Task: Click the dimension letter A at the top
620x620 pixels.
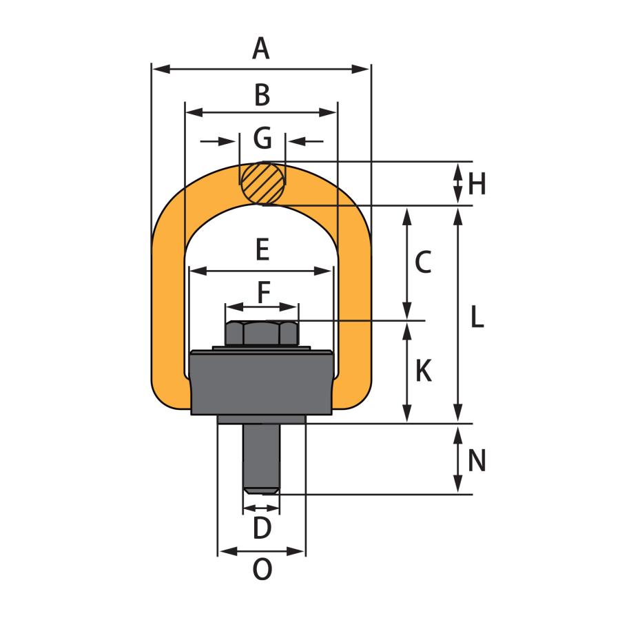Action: tap(261, 49)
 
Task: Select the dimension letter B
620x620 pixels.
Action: tap(262, 95)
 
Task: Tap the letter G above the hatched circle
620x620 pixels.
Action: tap(262, 138)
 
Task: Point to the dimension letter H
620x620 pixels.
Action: tap(477, 184)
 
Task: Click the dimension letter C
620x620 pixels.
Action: tap(423, 262)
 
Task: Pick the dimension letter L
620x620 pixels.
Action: tap(477, 317)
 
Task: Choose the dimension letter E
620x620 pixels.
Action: tap(262, 249)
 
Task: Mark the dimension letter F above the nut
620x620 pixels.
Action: tap(264, 292)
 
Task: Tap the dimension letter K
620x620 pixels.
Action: tap(424, 371)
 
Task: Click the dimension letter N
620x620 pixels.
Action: tap(477, 461)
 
